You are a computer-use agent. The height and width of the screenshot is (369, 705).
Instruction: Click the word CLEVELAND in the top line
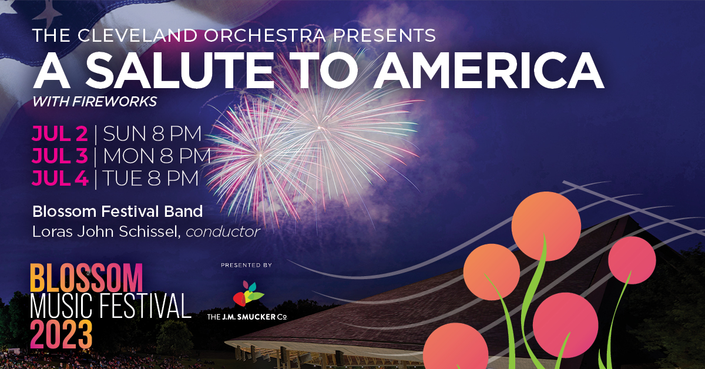point(137,35)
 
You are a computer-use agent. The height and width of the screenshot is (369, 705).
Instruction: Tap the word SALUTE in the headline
point(180,70)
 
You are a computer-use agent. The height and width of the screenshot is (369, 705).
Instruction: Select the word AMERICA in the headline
point(489,70)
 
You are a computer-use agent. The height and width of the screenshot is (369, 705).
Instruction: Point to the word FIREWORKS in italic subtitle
point(114,102)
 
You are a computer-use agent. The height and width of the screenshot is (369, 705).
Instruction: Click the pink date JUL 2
point(60,133)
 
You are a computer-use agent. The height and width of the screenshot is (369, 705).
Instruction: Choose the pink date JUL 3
point(60,156)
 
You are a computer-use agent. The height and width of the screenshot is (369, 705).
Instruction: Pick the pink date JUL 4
point(60,178)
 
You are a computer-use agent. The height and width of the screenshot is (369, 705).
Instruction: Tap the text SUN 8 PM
point(152,133)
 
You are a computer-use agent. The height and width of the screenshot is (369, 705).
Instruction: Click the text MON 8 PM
point(157,156)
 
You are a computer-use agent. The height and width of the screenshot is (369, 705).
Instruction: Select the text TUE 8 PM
point(150,178)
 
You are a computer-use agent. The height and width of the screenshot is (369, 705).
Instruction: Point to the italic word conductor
point(223,232)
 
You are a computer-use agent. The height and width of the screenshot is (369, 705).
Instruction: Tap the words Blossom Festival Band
point(117,212)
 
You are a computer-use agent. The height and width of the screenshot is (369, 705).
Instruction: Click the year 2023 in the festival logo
point(61,334)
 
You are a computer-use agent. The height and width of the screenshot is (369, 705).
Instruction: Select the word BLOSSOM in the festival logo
point(86,278)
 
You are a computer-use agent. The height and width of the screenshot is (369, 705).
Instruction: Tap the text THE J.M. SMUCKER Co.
point(247,317)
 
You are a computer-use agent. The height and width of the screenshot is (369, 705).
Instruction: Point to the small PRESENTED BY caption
point(246,265)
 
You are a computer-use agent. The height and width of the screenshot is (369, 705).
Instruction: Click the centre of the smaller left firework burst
point(260,155)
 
